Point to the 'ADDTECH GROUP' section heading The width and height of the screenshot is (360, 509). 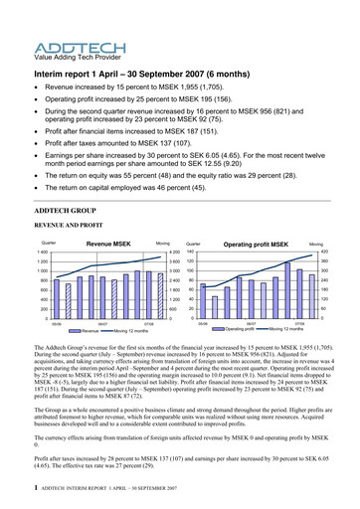coord(70,213)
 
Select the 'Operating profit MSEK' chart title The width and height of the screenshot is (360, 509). coord(256,243)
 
